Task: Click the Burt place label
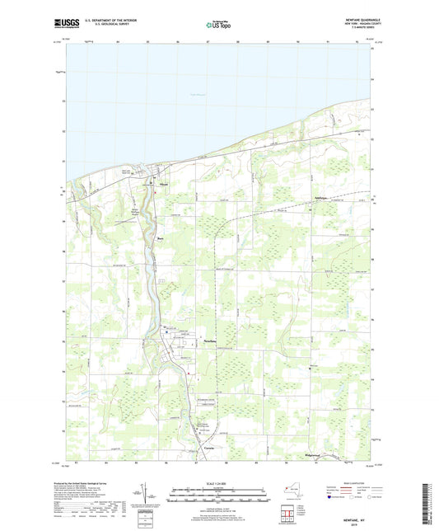(x=161, y=240)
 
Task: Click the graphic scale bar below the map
(x=219, y=496)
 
